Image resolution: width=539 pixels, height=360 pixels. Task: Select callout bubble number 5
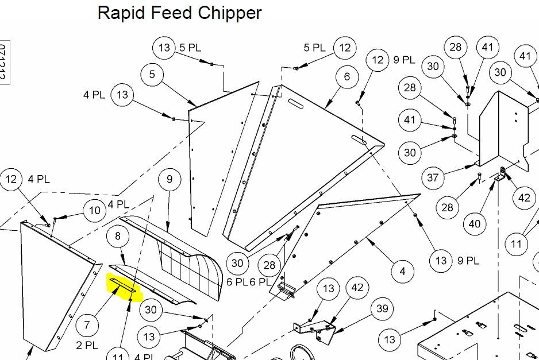pyautogui.click(x=152, y=75)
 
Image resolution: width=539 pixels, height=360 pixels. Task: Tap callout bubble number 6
pyautogui.click(x=347, y=77)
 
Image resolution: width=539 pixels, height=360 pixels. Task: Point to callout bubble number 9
pyautogui.click(x=170, y=180)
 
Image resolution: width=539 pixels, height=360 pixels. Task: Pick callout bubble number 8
pyautogui.click(x=118, y=237)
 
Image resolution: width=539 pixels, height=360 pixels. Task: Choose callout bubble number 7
pyautogui.click(x=87, y=325)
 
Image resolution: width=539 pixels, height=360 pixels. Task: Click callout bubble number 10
pyautogui.click(x=95, y=210)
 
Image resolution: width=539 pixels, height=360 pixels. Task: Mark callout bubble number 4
pyautogui.click(x=402, y=270)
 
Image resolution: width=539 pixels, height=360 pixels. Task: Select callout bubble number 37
pyautogui.click(x=433, y=178)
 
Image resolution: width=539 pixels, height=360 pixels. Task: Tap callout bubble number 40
pyautogui.click(x=474, y=223)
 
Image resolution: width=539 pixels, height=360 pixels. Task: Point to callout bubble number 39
pyautogui.click(x=382, y=309)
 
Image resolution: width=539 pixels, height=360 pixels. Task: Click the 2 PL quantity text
pyautogui.click(x=87, y=345)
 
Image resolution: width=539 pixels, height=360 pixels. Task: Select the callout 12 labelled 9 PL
pyautogui.click(x=378, y=60)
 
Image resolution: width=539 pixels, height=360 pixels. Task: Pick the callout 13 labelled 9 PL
pyautogui.click(x=441, y=261)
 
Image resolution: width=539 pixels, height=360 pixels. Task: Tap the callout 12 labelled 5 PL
pyautogui.click(x=345, y=48)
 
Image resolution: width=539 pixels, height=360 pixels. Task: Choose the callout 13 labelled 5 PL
pyautogui.click(x=164, y=48)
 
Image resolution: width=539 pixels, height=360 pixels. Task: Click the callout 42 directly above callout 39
pyautogui.click(x=357, y=288)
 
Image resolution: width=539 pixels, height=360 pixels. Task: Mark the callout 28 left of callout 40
pyautogui.click(x=448, y=207)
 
